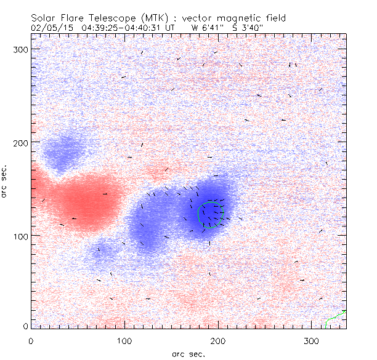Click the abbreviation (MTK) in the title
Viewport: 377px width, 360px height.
[152, 18]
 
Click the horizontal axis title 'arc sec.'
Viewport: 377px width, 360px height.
[188, 353]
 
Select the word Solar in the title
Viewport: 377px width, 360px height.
[47, 18]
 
